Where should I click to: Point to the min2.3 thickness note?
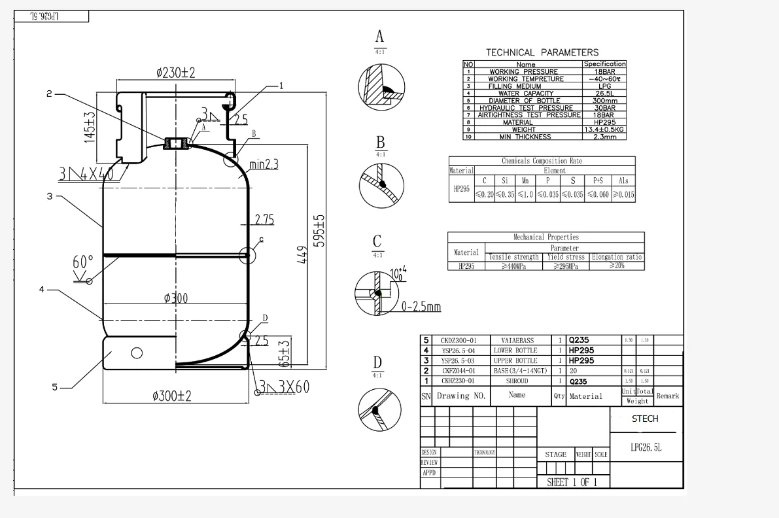[264, 165]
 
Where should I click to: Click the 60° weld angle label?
[83, 262]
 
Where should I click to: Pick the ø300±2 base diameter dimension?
[171, 396]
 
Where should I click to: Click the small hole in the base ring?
[137, 353]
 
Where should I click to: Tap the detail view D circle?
[379, 409]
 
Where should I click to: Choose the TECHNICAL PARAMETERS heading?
[542, 52]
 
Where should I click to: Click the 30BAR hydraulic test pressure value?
[604, 108]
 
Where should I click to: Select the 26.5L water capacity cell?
[604, 94]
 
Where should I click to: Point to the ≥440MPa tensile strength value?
[513, 266]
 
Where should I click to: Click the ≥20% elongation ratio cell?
[616, 266]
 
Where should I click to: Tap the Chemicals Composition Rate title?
[542, 161]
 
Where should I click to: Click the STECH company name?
[645, 419]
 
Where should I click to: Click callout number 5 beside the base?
[56, 387]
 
